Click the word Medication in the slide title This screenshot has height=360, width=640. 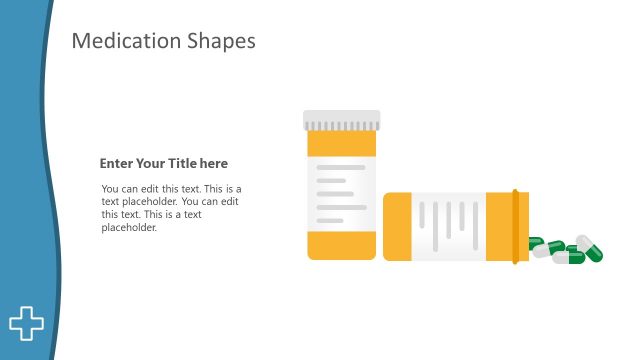(126, 41)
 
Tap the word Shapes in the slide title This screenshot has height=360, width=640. (221, 41)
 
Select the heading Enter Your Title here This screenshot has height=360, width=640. (164, 163)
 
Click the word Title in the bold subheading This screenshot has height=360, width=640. (189, 163)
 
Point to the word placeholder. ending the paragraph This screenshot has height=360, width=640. (129, 227)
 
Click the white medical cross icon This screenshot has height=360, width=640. (27, 322)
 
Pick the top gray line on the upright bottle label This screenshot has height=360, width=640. (341, 168)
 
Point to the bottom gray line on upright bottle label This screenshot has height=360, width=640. (330, 220)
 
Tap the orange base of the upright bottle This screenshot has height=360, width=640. (342, 246)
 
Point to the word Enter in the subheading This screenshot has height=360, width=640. (116, 163)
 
